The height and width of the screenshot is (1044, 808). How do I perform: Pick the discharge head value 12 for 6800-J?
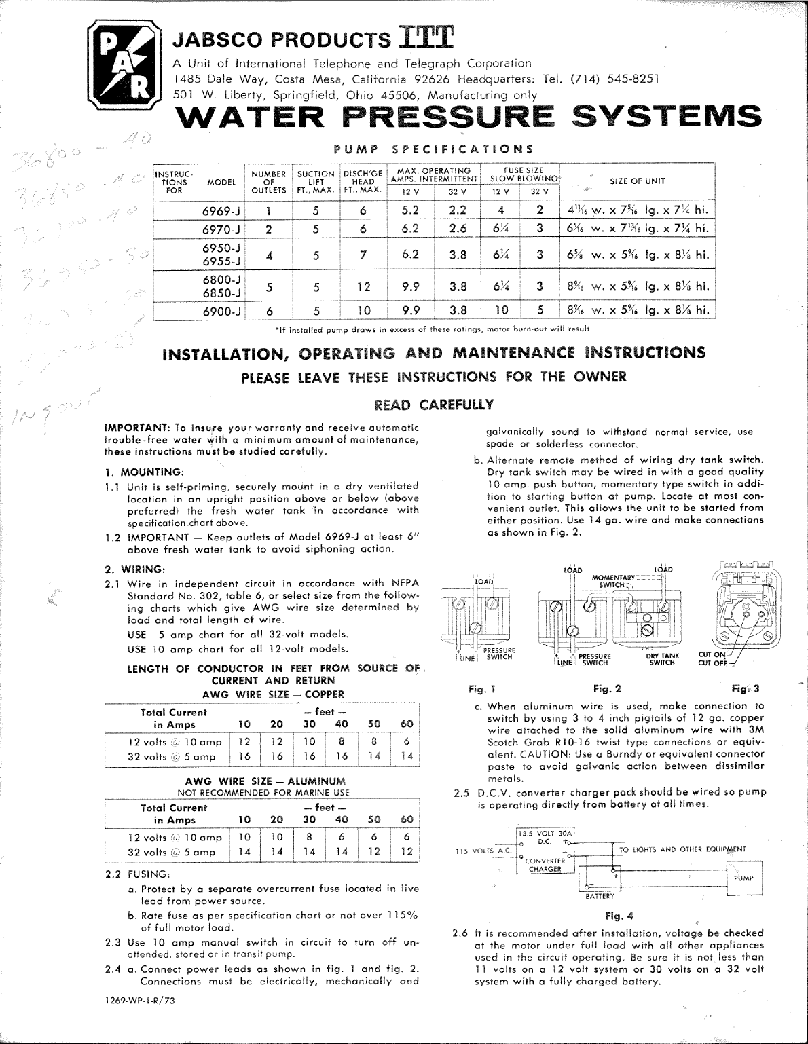pyautogui.click(x=363, y=286)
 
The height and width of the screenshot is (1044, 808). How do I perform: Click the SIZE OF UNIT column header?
pyautogui.click(x=638, y=181)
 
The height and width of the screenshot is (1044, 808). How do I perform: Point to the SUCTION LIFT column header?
pyautogui.click(x=316, y=181)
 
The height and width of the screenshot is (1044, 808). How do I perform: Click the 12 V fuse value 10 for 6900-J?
pyautogui.click(x=501, y=311)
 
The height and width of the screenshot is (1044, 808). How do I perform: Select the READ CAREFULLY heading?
pyautogui.click(x=435, y=405)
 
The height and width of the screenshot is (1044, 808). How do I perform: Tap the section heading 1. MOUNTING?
pyautogui.click(x=145, y=472)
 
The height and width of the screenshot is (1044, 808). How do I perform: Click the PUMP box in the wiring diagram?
pyautogui.click(x=743, y=878)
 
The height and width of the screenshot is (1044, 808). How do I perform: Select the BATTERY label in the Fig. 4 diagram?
pyautogui.click(x=600, y=897)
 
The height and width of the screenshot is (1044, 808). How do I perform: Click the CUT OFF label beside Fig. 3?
pyautogui.click(x=713, y=663)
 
